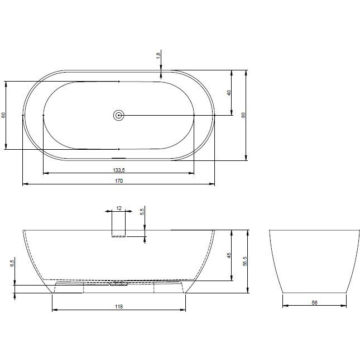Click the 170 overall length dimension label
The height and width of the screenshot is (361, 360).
tap(119, 181)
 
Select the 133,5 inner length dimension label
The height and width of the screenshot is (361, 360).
tap(119, 170)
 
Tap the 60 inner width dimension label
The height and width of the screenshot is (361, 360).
tap(3, 115)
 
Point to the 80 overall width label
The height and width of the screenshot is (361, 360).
tap(243, 115)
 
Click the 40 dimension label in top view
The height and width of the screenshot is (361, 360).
tap(229, 93)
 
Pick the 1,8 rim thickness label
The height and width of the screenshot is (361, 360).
tap(158, 56)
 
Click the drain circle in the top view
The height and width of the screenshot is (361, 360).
tap(119, 115)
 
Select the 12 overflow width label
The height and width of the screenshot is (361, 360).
tap(119, 208)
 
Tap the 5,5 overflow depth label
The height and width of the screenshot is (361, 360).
tap(142, 212)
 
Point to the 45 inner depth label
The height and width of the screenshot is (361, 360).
tap(229, 255)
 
